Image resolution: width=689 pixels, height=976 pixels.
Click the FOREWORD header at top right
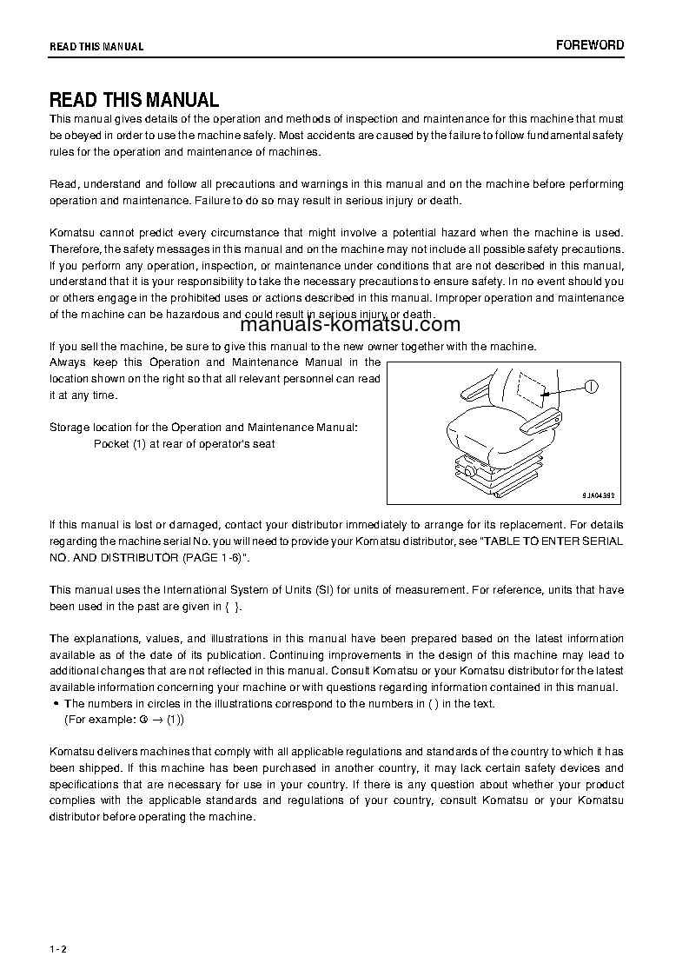(590, 45)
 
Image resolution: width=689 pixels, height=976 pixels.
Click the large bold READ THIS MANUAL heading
(134, 100)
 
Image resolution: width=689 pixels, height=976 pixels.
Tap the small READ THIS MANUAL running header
(96, 47)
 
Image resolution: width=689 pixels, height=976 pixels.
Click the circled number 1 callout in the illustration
(592, 388)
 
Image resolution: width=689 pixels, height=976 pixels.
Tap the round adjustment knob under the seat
(470, 470)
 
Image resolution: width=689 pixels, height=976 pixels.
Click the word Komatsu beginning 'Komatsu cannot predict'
(70, 233)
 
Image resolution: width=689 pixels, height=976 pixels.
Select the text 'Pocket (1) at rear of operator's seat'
(184, 444)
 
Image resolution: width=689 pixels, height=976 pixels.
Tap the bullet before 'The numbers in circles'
(56, 704)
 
